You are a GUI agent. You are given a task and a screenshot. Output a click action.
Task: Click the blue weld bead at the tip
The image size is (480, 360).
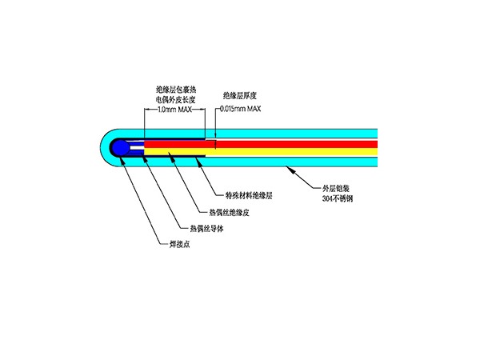pos(118,147)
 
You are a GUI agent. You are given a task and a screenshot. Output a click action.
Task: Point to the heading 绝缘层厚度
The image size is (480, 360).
pos(239,94)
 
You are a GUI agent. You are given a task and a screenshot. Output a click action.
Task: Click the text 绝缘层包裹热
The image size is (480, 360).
pos(174,90)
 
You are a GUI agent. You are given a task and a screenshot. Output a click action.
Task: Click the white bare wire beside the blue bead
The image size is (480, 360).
pos(137,147)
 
